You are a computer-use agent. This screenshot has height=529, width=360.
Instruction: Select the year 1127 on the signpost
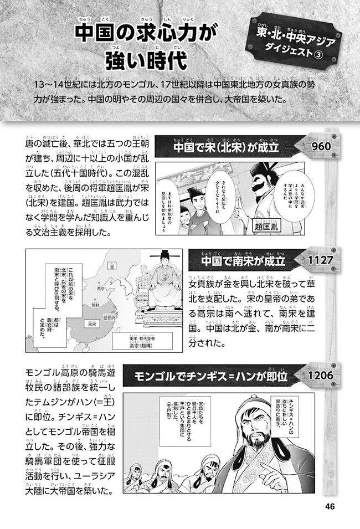point(318,259)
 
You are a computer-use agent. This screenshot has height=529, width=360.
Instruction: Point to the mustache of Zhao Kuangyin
point(265,191)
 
